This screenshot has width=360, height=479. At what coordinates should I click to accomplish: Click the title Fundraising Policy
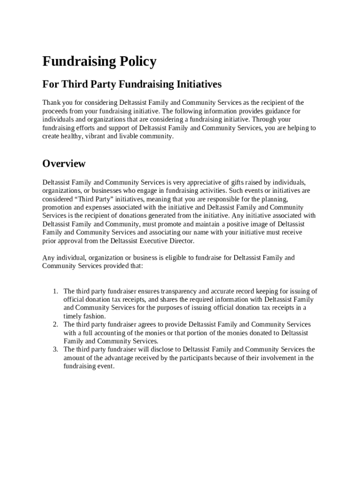[99, 61]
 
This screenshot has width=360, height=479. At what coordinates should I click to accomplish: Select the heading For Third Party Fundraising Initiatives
[132, 85]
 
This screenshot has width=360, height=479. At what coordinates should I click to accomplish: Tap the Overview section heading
[64, 163]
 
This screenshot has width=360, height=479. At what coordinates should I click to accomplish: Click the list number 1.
[55, 291]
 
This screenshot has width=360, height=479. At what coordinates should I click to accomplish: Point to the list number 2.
[55, 324]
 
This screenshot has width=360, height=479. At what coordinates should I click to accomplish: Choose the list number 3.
[55, 349]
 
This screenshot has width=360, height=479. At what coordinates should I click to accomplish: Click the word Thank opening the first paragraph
[51, 102]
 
